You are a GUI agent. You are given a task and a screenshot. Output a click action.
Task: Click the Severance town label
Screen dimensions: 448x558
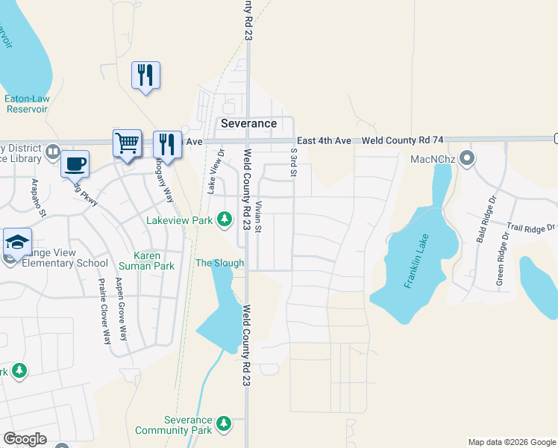click(x=248, y=123)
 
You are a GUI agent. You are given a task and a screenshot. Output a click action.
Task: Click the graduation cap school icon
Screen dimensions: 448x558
click(x=17, y=241)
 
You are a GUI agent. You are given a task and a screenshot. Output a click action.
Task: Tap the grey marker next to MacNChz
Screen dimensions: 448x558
click(x=467, y=158)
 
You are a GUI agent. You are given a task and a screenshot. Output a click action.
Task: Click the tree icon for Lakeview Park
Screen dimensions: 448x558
click(x=223, y=219)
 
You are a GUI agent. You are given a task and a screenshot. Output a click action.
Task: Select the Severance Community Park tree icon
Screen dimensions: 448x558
click(x=223, y=425)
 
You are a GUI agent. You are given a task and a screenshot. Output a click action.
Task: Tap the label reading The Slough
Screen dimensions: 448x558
click(x=219, y=263)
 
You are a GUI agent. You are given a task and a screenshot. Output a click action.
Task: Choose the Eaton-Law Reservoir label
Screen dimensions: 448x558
click(x=26, y=103)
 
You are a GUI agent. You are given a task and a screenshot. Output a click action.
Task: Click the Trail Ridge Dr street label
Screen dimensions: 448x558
click(x=531, y=228)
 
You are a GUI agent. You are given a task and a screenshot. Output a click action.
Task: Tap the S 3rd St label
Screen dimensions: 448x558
click(x=294, y=162)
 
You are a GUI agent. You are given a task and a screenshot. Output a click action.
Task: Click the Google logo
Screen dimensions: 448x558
click(x=25, y=438)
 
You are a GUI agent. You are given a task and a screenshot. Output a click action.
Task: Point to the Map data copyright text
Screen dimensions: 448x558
click(x=512, y=442)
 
